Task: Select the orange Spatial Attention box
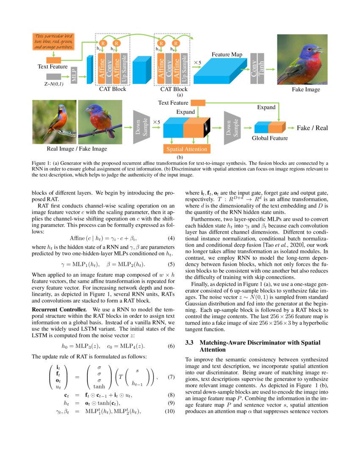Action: point(186,149)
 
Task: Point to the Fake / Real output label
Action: point(312,128)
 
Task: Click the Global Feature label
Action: point(270,138)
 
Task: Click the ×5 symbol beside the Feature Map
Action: point(197,63)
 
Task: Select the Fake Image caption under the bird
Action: point(305,90)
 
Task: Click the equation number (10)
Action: point(169,411)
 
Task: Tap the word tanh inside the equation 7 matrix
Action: point(99,386)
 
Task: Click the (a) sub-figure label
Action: point(180,96)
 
